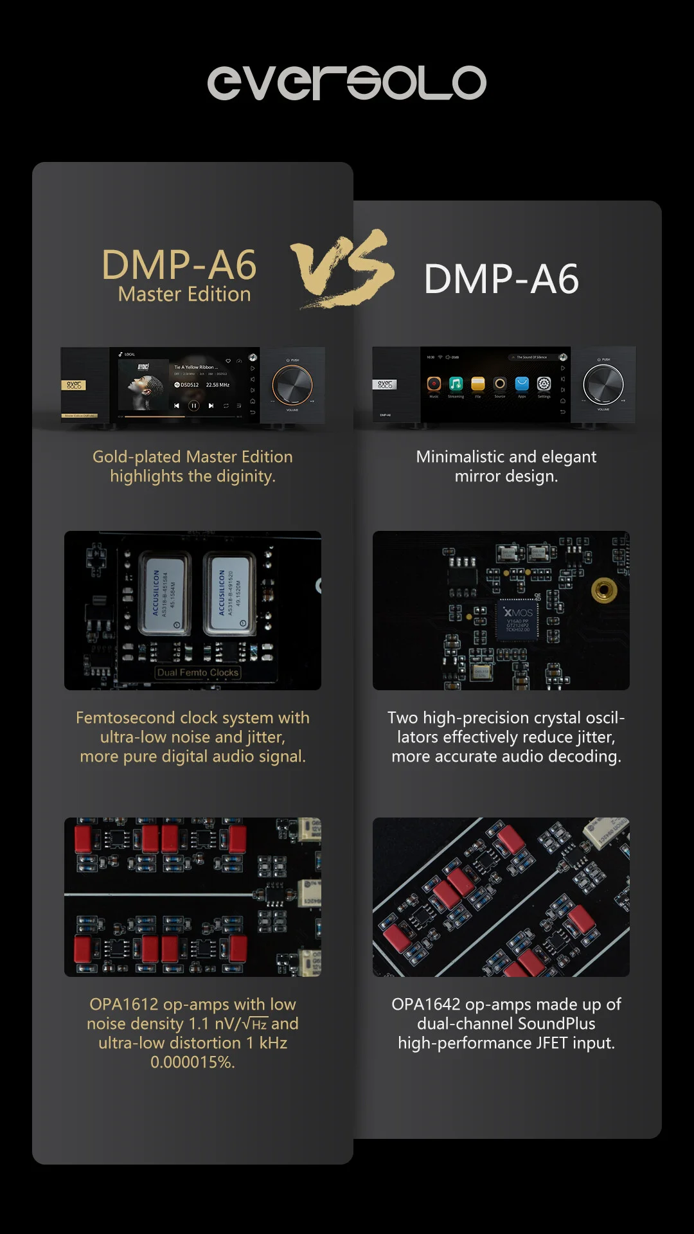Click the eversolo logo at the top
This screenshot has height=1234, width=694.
pyautogui.click(x=346, y=83)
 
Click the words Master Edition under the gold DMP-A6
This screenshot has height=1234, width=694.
pyautogui.click(x=184, y=294)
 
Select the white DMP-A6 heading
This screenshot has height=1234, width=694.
pyautogui.click(x=501, y=279)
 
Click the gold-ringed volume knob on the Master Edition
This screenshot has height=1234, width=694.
pyautogui.click(x=292, y=385)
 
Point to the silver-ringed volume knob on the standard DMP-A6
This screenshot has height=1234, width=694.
pyautogui.click(x=603, y=384)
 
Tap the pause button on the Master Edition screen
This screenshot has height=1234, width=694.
pyautogui.click(x=193, y=406)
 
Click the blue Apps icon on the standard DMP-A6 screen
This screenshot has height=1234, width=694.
pyautogui.click(x=522, y=384)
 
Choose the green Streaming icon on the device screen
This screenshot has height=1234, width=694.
pyautogui.click(x=456, y=384)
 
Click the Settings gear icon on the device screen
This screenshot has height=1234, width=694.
pyautogui.click(x=544, y=384)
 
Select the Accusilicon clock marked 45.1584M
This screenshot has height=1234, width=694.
pyautogui.click(x=164, y=593)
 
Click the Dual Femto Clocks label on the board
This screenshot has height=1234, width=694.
pyautogui.click(x=198, y=673)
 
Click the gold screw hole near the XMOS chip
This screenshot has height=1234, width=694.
pyautogui.click(x=603, y=589)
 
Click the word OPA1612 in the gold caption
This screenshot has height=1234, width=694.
pyautogui.click(x=123, y=1005)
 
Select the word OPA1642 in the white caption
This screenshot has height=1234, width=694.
pyautogui.click(x=425, y=1005)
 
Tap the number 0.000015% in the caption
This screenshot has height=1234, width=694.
pyautogui.click(x=192, y=1062)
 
